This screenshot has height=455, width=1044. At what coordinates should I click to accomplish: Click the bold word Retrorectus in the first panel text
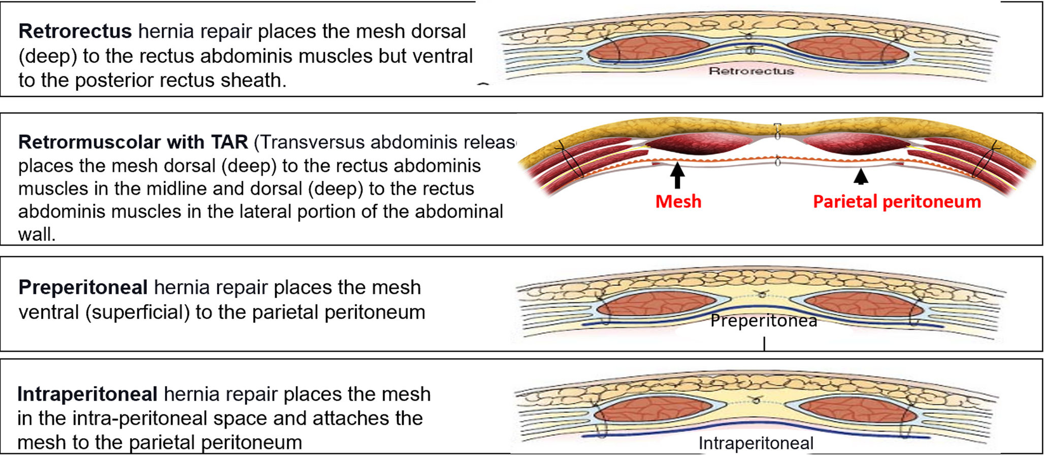(75, 31)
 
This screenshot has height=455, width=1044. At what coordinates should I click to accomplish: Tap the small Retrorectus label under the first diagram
(751, 71)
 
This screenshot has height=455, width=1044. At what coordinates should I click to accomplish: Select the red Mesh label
(678, 202)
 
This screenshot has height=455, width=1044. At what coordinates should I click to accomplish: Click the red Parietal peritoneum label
(897, 202)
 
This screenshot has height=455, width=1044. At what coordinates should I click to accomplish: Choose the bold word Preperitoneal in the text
(83, 287)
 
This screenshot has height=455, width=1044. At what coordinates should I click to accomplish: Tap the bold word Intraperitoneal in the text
(87, 394)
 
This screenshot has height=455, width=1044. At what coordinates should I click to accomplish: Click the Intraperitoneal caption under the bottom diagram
(756, 443)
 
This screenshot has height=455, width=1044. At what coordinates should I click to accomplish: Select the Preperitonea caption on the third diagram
(764, 320)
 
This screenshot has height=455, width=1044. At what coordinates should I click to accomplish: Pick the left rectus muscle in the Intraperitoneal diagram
(655, 410)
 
